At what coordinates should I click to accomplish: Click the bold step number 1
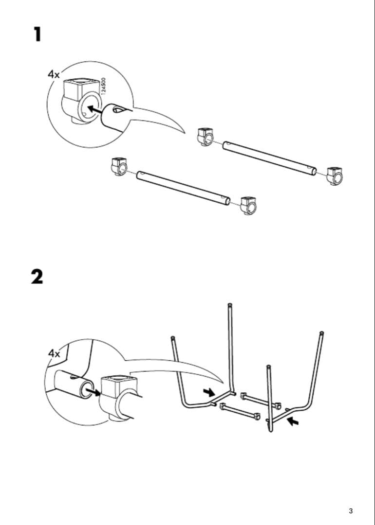37,35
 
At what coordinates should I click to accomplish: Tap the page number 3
351,510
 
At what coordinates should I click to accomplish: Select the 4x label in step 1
54,74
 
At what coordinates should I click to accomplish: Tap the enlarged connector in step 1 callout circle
78,100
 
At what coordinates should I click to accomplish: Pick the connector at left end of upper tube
205,136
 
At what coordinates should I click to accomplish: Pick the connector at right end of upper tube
335,175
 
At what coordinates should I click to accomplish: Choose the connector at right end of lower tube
248,205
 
